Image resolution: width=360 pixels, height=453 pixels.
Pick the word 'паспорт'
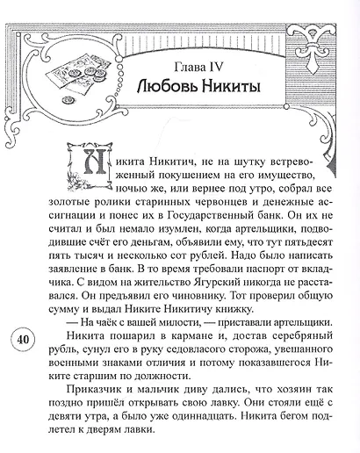pyautogui.click(x=263, y=272)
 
